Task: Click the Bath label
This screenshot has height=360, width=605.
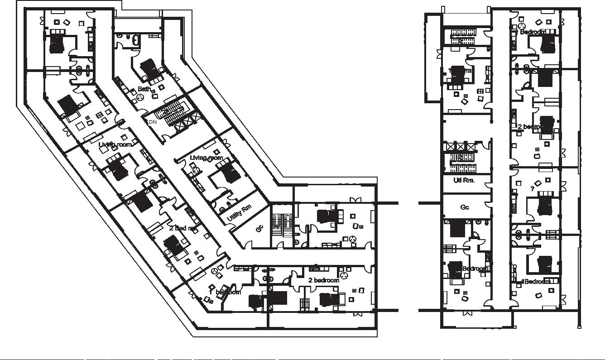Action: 144,89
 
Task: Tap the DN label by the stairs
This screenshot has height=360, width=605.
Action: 152,122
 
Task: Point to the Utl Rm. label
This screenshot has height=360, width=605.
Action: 464,180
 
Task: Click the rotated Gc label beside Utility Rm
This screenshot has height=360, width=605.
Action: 259,229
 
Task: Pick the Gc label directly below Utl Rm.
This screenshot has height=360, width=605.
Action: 465,207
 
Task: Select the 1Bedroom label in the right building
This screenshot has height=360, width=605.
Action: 537,281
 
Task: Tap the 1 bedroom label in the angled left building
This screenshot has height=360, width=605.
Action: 225,292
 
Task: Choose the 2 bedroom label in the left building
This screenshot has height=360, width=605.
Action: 324,280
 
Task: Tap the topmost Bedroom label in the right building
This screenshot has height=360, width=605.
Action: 533,32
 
